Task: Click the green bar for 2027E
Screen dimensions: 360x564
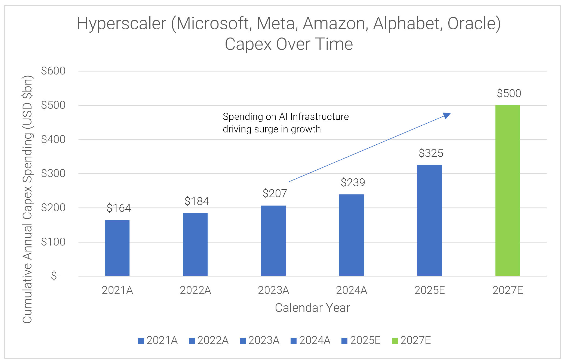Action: (507, 190)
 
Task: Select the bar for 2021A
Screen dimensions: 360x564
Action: (117, 248)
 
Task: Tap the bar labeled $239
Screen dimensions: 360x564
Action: (351, 235)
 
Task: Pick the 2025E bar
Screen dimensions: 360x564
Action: (429, 220)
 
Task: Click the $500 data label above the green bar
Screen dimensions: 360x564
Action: (509, 93)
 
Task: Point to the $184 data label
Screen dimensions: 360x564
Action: (196, 201)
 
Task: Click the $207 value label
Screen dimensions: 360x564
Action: (275, 193)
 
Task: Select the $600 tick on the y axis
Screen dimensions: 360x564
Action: (53, 71)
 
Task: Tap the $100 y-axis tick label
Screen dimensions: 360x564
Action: (53, 242)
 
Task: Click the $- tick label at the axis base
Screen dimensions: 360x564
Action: (56, 276)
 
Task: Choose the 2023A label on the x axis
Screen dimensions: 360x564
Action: (273, 290)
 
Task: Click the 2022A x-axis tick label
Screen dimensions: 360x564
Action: (195, 290)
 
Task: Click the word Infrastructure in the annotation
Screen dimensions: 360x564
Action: (319, 117)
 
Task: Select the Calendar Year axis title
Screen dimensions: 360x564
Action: (312, 308)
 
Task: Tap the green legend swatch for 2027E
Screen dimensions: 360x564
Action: (395, 340)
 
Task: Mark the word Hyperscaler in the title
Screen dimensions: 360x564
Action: (121, 24)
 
